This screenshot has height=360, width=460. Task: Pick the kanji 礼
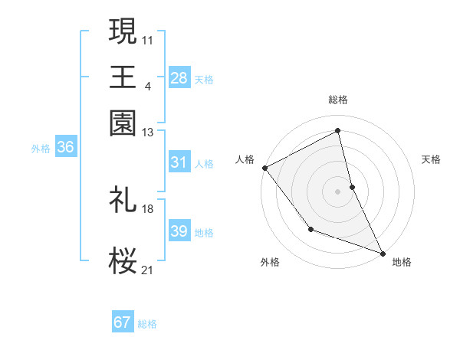123,199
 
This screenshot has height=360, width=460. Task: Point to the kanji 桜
123,261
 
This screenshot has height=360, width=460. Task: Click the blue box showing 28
179,77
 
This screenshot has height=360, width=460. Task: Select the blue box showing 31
179,162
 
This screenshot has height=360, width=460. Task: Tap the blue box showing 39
179,231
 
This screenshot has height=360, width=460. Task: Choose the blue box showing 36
65,148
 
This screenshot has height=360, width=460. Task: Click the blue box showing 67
123,322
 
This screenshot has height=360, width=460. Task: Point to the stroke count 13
148,132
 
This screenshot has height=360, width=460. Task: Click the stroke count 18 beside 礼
148,208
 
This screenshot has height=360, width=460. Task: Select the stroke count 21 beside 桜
148,269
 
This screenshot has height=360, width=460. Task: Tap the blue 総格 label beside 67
147,324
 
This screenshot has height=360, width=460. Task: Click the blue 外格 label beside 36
41,149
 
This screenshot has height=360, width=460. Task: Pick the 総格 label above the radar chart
337,100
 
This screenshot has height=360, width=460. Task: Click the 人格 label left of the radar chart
245,159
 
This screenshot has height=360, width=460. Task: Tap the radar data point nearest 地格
383,254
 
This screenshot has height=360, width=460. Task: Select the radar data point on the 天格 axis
352,186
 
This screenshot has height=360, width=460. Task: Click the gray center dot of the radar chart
337,191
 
